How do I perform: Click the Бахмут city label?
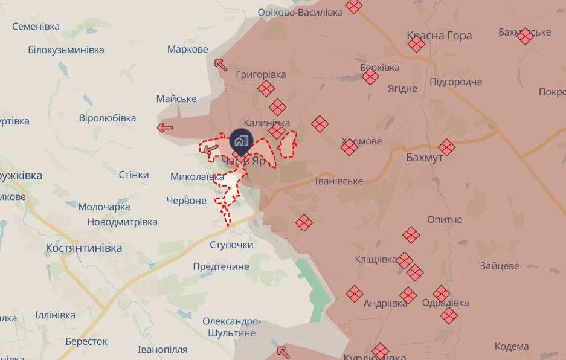pyautogui.click(x=425, y=158)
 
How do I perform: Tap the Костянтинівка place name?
pyautogui.click(x=84, y=248)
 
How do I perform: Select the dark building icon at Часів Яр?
pyautogui.click(x=241, y=141)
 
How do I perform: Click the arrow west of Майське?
pyautogui.click(x=164, y=127)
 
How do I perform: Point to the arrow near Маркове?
pyautogui.click(x=220, y=63)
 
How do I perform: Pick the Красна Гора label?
pyautogui.click(x=439, y=36)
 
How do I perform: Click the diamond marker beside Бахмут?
pyautogui.click(x=447, y=147)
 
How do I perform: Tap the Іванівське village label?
pyautogui.click(x=339, y=181)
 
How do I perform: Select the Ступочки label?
pyautogui.click(x=232, y=245)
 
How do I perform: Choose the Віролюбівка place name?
pyautogui.click(x=108, y=118)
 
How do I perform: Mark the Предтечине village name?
pyautogui.click(x=221, y=266)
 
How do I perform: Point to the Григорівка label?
pyautogui.click(x=261, y=75)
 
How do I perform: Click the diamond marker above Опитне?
pyautogui.click(x=411, y=235)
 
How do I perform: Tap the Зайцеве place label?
pyautogui.click(x=500, y=266)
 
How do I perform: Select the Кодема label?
pyautogui.click(x=512, y=346)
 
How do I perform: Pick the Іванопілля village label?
pyautogui.click(x=162, y=349)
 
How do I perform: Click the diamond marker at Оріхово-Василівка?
pyautogui.click(x=354, y=7)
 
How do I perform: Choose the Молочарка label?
pyautogui.click(x=104, y=207)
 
